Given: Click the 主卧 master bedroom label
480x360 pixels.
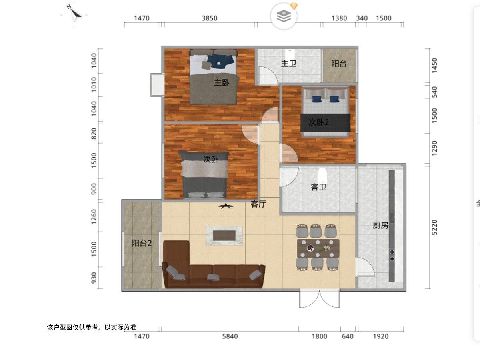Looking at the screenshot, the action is (x=222, y=83).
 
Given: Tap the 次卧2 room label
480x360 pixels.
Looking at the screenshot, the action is (x=319, y=122).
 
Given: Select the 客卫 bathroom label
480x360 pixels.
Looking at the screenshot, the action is (x=319, y=187).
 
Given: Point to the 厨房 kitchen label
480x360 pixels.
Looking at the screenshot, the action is (x=380, y=225).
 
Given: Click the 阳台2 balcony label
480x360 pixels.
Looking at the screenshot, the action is (x=142, y=243).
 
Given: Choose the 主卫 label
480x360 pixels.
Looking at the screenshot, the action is (x=289, y=64).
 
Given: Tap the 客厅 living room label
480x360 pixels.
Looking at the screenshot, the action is (x=258, y=204).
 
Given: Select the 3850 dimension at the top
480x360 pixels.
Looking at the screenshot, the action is (x=210, y=18).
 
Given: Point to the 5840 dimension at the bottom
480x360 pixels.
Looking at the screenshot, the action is (x=230, y=336).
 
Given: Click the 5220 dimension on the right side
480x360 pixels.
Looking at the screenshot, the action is (x=434, y=228).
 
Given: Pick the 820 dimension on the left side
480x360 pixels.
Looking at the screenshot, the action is (x=94, y=134).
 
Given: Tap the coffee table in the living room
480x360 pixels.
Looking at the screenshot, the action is (x=224, y=236).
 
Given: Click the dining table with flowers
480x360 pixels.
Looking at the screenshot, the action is (x=318, y=248).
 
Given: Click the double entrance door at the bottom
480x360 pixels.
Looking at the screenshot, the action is (x=320, y=298).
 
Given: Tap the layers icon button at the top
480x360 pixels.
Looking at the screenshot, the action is (x=284, y=16).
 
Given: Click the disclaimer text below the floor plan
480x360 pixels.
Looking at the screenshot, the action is (x=92, y=327).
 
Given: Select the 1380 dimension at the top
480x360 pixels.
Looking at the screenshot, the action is (x=339, y=18).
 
